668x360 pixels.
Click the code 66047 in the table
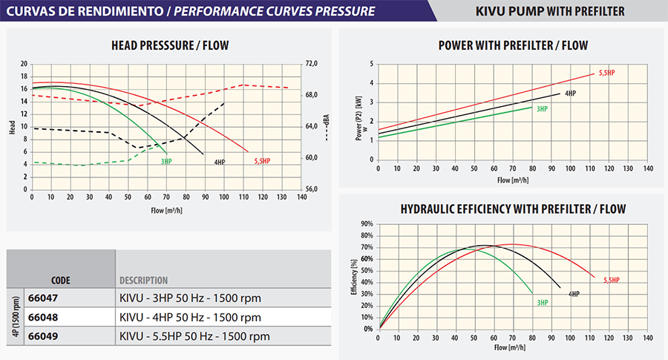click(x=43, y=299)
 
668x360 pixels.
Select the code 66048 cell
click(x=43, y=318)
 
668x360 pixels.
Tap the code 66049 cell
click(x=43, y=336)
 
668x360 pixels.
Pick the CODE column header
click(x=61, y=281)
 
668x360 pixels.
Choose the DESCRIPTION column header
click(x=143, y=281)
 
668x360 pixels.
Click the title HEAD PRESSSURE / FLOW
click(x=170, y=46)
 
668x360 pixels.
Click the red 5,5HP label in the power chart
click(x=606, y=73)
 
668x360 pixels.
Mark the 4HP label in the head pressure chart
click(x=220, y=162)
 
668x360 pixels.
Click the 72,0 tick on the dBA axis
click(x=312, y=64)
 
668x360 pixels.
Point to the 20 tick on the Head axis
click(x=24, y=64)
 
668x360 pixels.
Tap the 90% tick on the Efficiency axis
click(x=367, y=223)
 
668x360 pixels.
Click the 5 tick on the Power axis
click(x=371, y=65)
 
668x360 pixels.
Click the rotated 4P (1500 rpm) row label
click(x=16, y=318)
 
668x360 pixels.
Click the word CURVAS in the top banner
click(x=29, y=11)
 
